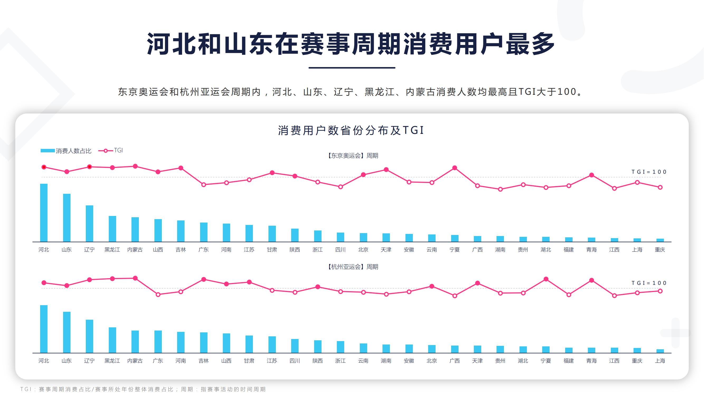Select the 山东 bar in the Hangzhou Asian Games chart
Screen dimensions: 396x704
pos(67,332)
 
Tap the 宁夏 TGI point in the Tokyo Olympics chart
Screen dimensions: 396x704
pos(455,168)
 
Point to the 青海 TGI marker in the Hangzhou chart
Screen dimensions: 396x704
pos(591,280)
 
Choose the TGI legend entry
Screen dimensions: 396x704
pos(111,150)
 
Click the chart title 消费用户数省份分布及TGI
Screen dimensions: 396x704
pos(351,130)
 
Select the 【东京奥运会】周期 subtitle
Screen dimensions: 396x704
pos(352,156)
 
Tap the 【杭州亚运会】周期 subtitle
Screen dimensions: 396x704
pos(352,267)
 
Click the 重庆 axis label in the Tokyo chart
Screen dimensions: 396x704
pos(660,249)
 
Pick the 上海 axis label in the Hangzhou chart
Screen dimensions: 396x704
pos(660,361)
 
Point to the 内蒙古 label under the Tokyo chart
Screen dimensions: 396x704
pos(135,249)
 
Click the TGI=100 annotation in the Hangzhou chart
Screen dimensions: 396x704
pos(649,283)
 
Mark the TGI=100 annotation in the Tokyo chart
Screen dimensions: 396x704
pos(649,172)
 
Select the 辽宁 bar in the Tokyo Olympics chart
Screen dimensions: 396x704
pos(89,223)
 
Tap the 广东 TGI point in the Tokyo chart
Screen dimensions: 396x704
pos(204,185)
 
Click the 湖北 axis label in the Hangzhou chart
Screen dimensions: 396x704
pos(523,361)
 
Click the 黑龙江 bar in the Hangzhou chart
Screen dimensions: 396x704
pos(112,340)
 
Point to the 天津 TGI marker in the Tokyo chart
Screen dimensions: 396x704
pos(386,170)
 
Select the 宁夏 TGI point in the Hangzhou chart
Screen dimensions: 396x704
pos(546,279)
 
